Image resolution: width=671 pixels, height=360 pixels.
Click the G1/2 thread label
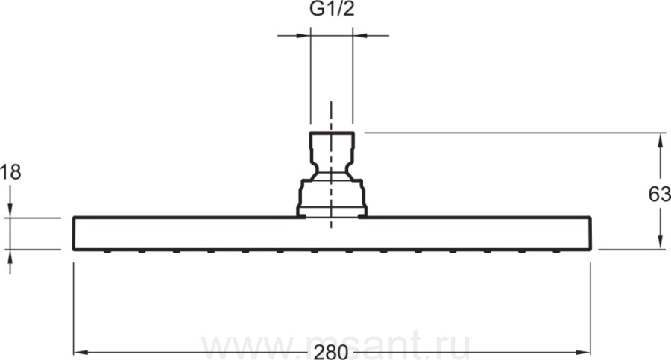[332, 9]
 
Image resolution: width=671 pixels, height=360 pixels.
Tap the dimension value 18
[10, 172]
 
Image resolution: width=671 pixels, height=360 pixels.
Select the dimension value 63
[660, 195]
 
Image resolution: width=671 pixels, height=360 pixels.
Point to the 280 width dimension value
[331, 353]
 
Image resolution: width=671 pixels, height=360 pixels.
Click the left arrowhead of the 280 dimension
[81, 353]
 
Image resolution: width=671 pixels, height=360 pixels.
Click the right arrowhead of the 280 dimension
[584, 353]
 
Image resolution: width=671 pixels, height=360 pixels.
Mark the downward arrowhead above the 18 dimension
[10, 211]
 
